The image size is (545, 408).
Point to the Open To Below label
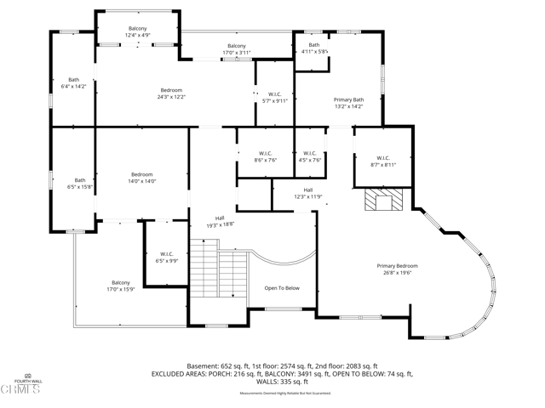pyautogui.click(x=281, y=288)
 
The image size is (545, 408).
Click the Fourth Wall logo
pyautogui.click(x=26, y=384)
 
